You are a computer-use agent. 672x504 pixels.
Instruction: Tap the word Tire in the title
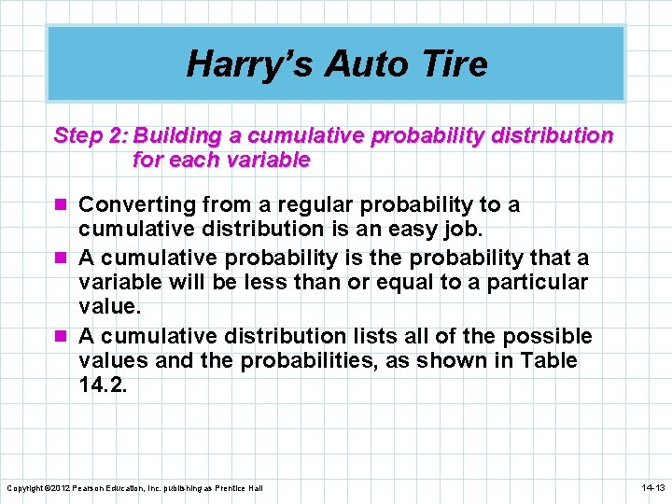pos(455,64)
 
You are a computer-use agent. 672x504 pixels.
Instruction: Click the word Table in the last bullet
pos(548,360)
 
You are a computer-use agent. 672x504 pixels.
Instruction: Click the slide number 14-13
pos(652,488)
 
